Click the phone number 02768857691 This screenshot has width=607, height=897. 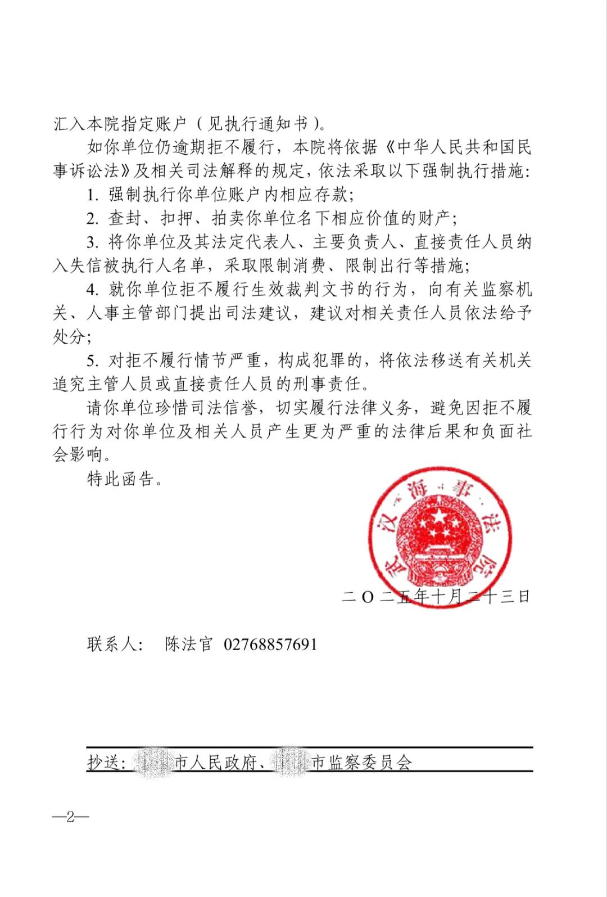point(270,644)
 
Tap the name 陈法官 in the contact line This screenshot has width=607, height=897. point(189,644)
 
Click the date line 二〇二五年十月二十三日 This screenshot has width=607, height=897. point(436,596)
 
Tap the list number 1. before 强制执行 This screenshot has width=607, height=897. point(93,195)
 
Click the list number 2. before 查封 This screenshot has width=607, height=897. point(93,219)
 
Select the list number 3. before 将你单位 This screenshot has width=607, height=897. point(93,242)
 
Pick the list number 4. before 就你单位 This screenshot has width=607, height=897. point(93,290)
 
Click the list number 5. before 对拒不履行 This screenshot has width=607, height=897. point(93,360)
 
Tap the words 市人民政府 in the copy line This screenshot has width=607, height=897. point(216,763)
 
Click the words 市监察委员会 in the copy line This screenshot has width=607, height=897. point(362,763)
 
